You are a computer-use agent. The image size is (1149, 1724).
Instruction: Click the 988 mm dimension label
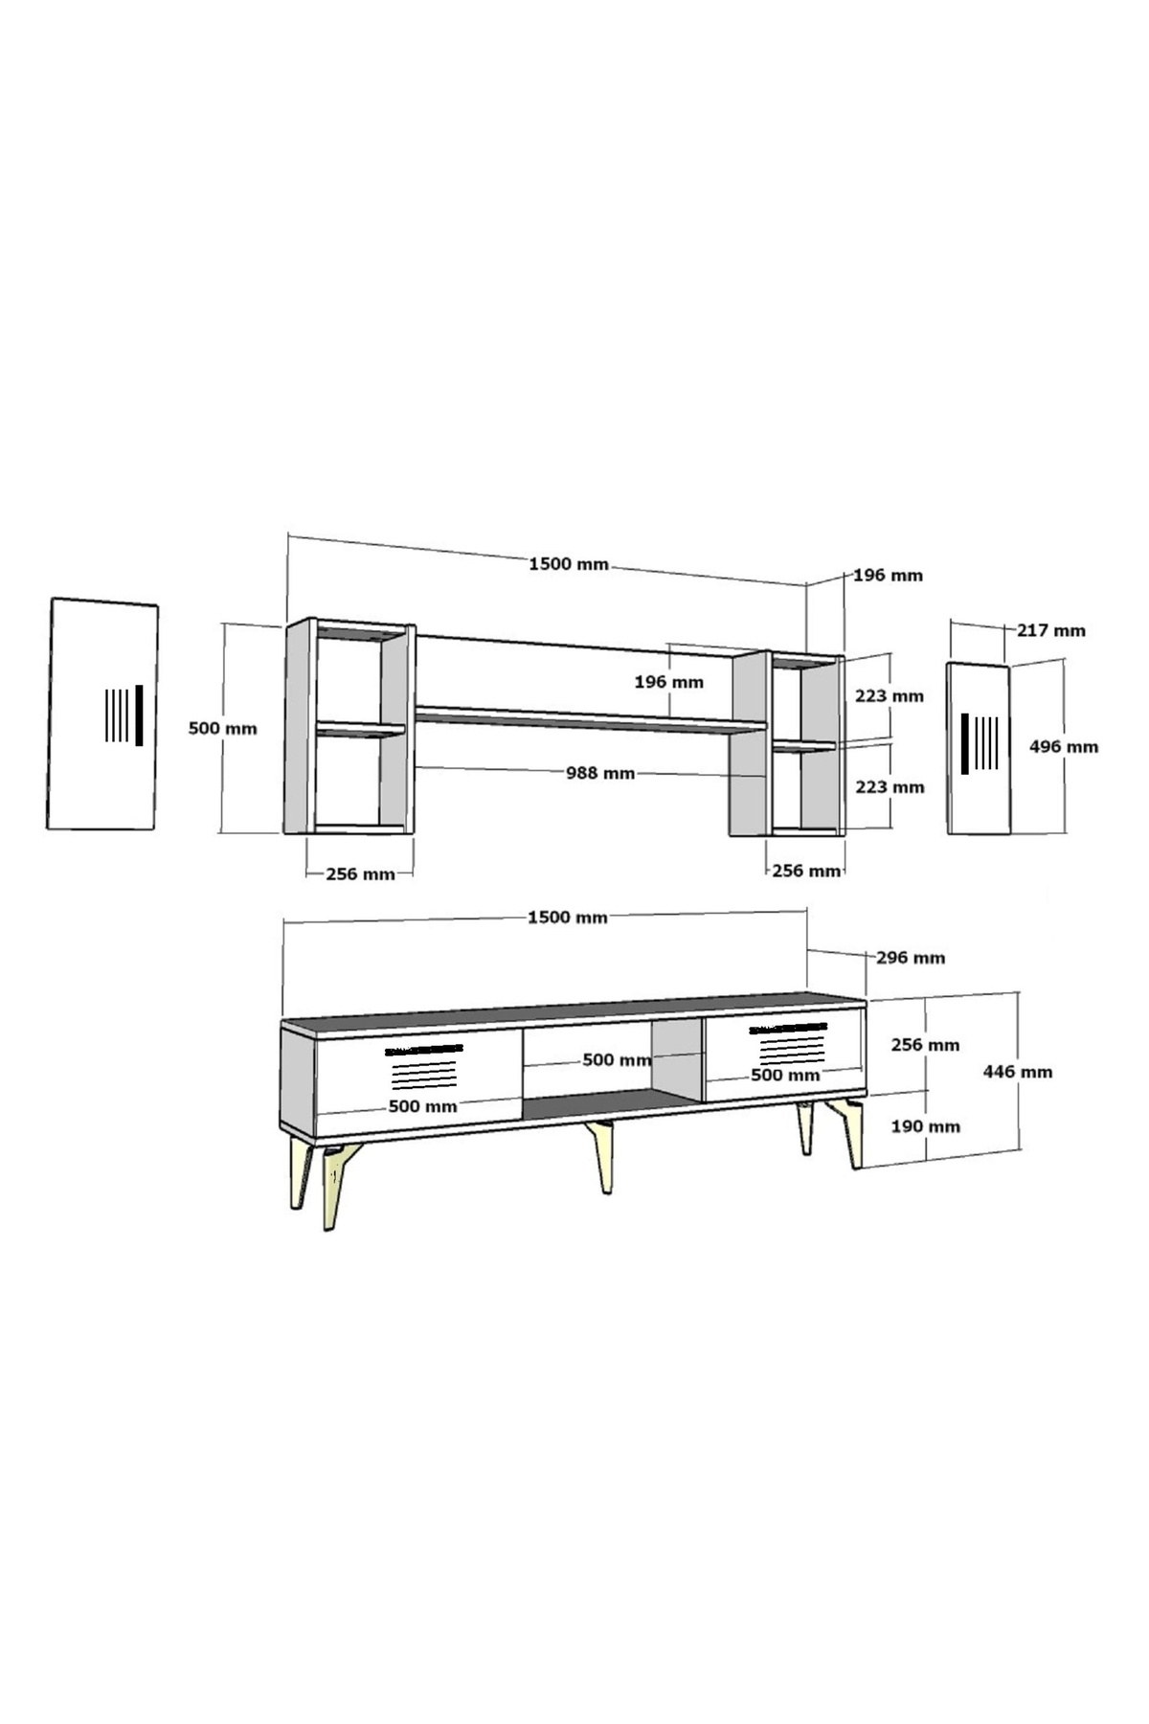point(600,772)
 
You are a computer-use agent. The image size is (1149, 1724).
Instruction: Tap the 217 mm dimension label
point(1051,630)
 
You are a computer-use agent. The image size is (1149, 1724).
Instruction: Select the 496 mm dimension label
point(1064,746)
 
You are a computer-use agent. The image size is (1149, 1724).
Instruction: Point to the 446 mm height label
point(1018,1072)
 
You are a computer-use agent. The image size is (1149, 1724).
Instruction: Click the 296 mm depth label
point(911,957)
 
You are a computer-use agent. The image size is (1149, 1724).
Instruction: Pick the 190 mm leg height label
point(925,1126)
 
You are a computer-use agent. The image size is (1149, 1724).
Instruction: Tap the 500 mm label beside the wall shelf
point(223,728)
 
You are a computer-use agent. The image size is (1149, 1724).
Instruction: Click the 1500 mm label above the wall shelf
point(569,564)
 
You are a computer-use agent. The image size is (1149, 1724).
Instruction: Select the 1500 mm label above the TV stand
point(568,918)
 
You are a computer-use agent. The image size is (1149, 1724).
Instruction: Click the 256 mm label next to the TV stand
point(925,1045)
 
